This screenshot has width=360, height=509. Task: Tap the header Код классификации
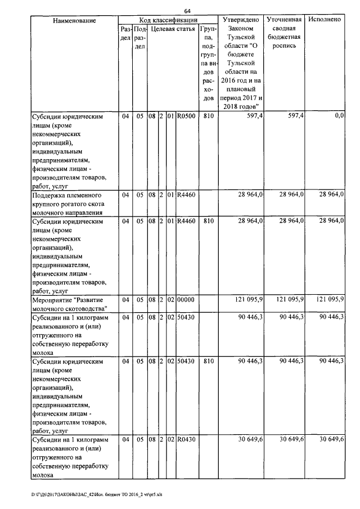click(168, 20)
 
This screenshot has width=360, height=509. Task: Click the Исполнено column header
click(325, 20)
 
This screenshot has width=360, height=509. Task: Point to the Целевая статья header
click(172, 29)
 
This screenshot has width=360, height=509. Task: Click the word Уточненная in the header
click(285, 20)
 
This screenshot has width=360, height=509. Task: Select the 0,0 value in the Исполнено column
click(339, 115)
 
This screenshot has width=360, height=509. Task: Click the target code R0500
click(186, 116)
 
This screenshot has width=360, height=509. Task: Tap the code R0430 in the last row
click(186, 439)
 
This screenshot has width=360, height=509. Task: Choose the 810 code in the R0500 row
click(208, 116)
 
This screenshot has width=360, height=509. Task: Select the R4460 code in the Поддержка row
click(186, 194)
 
